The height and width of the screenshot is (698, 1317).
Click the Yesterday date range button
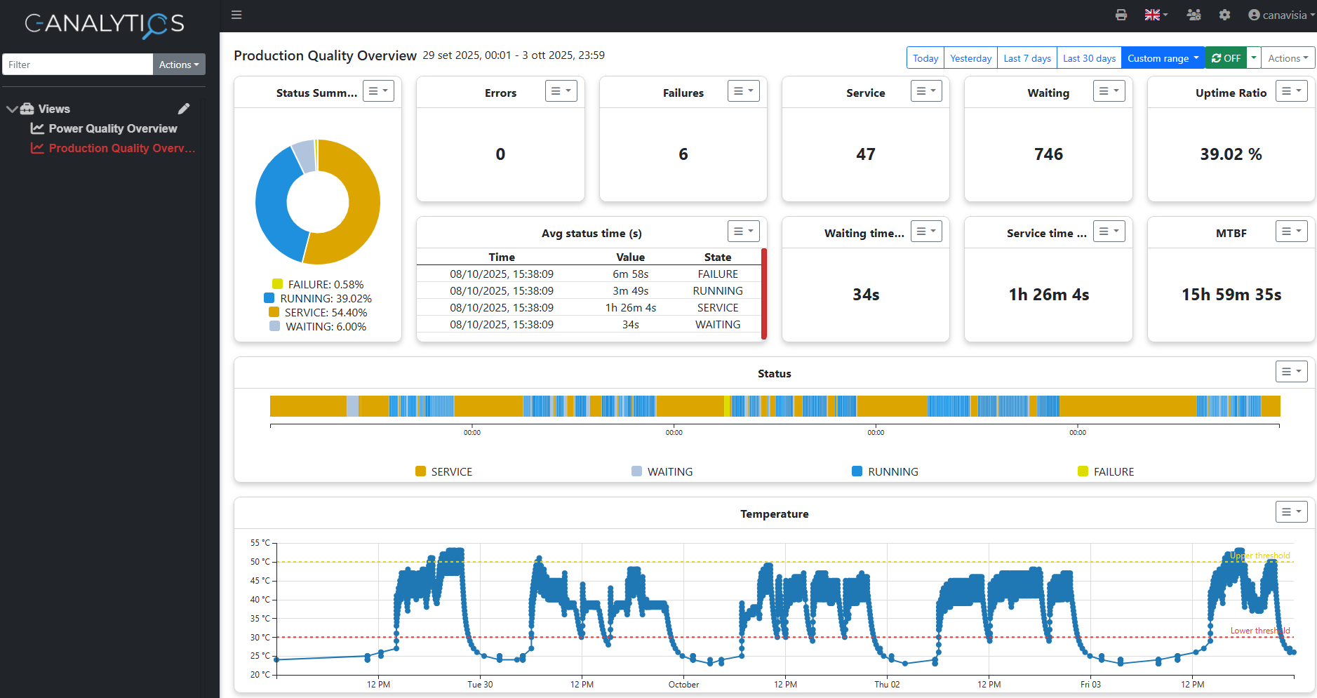click(x=970, y=58)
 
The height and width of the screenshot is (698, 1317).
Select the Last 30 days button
click(x=1089, y=58)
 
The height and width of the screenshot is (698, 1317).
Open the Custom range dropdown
click(x=1163, y=58)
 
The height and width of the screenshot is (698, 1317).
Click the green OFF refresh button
click(x=1226, y=58)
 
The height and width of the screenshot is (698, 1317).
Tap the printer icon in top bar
click(x=1121, y=15)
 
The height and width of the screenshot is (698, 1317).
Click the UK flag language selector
click(x=1156, y=15)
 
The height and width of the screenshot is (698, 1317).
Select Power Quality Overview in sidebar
click(x=112, y=128)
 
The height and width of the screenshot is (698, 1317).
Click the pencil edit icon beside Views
click(x=184, y=109)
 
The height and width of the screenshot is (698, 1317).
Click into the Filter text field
click(x=77, y=65)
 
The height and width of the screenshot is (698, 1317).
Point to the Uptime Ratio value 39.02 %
click(x=1231, y=154)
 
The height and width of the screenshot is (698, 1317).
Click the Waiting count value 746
click(x=1048, y=154)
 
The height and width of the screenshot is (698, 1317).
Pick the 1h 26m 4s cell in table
click(x=630, y=308)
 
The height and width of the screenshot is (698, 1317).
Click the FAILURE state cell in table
click(x=717, y=274)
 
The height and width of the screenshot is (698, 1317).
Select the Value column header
click(x=630, y=257)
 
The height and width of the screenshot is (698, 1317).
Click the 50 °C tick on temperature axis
click(x=260, y=562)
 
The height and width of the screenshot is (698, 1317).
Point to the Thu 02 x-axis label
click(x=887, y=685)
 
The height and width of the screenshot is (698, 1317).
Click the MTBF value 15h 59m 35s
click(x=1231, y=295)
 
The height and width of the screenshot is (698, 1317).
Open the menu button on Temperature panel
click(x=1291, y=512)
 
